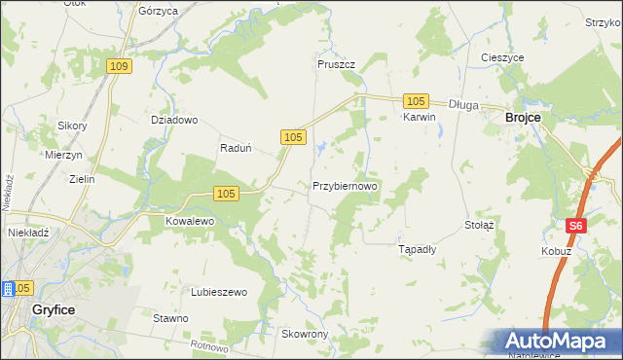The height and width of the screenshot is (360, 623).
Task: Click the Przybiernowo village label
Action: pos(345,185)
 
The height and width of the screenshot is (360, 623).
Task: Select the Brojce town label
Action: pos(524,118)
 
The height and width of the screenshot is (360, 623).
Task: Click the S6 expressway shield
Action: pos(576,226)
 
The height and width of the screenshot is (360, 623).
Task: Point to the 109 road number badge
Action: pos(119,66)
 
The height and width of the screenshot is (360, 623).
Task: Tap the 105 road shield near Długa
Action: pos(416,101)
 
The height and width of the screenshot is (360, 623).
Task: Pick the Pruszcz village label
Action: pos(336,64)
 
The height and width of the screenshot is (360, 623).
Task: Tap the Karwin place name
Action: pos(419,117)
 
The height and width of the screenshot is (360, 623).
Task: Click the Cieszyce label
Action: pos(502,57)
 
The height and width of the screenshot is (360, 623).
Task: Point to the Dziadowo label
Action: pos(174,121)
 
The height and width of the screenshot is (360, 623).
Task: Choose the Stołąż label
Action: pos(480,225)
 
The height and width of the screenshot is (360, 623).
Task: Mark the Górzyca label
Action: pos(158,11)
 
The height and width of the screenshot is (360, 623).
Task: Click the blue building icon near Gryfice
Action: pos(8,289)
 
